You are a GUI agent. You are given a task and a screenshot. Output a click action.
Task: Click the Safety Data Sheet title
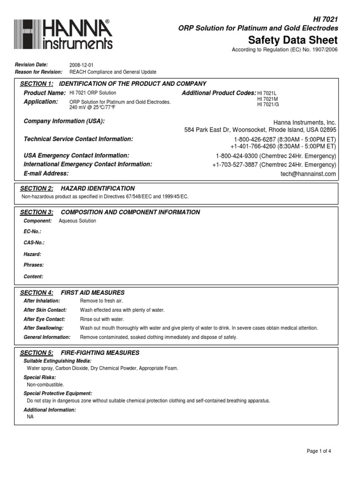[x=292, y=39]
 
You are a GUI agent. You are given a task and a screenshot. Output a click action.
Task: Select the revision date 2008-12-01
[x=82, y=65]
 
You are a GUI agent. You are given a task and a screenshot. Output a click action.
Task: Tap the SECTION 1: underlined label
[x=37, y=84]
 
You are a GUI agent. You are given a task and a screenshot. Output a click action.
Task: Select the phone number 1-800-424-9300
[x=236, y=156]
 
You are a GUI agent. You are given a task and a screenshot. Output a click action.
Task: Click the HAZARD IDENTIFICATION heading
[x=98, y=188]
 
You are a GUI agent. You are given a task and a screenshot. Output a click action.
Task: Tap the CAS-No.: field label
[x=34, y=243]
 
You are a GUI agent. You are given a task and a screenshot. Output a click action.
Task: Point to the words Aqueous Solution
[x=77, y=221]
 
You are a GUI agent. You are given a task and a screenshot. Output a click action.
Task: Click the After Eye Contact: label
[x=45, y=319]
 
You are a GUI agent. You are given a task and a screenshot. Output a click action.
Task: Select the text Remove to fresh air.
[x=101, y=301]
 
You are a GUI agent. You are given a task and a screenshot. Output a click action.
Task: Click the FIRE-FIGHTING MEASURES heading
[x=100, y=353]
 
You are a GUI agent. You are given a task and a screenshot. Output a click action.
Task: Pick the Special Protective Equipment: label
[x=58, y=393]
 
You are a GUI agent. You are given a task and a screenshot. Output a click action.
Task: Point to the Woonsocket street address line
[x=260, y=130]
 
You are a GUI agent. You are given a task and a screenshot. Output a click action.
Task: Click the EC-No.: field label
[x=32, y=232]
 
